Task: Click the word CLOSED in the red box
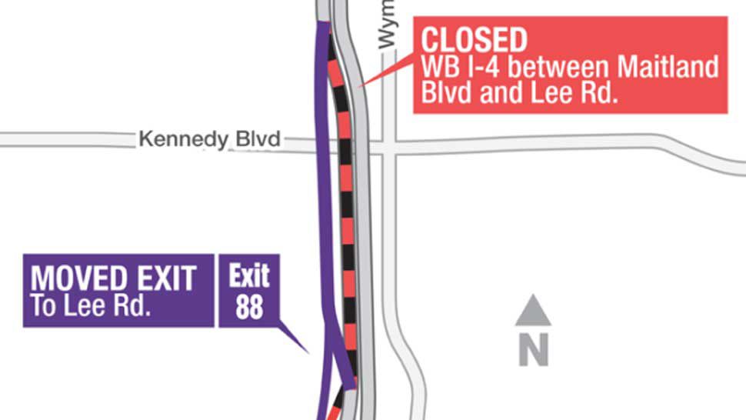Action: coord(475,39)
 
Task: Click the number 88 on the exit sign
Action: coord(248,306)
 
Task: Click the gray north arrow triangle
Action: coord(533,311)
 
